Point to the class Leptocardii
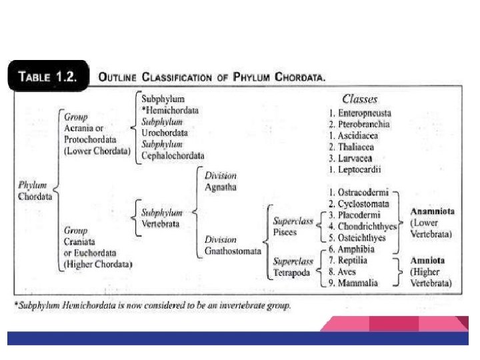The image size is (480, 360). pyautogui.click(x=360, y=169)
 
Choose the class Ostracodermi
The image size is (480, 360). pyautogui.click(x=365, y=193)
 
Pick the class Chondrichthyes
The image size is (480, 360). pyautogui.click(x=367, y=227)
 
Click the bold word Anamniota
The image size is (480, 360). pyautogui.click(x=432, y=211)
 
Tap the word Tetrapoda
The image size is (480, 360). pyautogui.click(x=291, y=273)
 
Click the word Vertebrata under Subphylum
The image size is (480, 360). pyautogui.click(x=160, y=225)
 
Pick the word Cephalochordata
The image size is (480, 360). pyautogui.click(x=173, y=155)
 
